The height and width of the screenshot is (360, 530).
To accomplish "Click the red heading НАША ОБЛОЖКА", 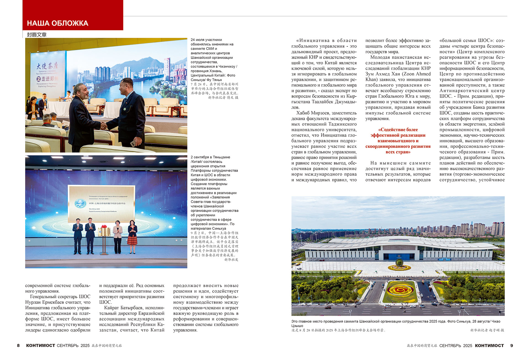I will tap(57, 23).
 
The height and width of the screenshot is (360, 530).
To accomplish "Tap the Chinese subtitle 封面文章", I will tap(37, 35).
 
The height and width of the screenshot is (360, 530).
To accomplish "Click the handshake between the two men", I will tap(104, 126).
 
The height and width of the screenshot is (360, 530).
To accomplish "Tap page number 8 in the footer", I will tap(18, 345).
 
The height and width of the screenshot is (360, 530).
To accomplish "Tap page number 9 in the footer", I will tap(511, 345).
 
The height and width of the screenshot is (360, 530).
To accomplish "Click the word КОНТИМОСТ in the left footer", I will tap(40, 345).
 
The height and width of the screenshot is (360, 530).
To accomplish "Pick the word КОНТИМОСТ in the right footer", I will tap(489, 345).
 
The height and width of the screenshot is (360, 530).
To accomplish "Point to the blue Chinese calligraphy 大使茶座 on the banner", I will tap(47, 66).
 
